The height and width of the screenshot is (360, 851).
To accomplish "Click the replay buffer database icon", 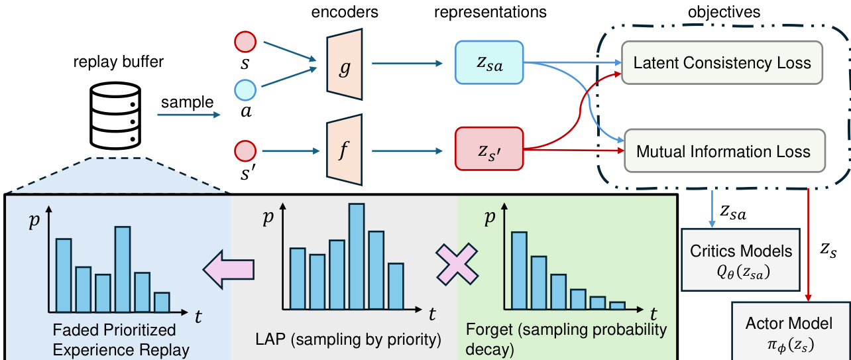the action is (x=115, y=115).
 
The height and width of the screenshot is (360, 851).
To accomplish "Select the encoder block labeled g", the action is (x=345, y=64).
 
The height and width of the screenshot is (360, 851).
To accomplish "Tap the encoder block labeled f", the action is (x=345, y=150).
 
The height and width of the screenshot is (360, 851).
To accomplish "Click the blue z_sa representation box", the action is (x=489, y=62).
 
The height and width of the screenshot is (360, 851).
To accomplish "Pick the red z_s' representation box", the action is (x=489, y=149).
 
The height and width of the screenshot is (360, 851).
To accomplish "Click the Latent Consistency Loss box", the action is (x=722, y=62).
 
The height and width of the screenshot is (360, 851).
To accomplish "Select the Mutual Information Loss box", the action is (x=724, y=150).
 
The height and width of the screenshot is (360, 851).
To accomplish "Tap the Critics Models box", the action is (x=741, y=260).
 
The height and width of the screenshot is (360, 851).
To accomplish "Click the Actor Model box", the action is (x=791, y=331).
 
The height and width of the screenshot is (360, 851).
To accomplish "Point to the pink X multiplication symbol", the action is (x=457, y=265).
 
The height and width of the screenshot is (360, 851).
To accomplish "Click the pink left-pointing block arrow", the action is (x=229, y=270).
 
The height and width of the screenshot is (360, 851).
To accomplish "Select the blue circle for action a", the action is (x=245, y=90).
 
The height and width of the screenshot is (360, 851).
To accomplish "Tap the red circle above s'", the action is (x=245, y=151).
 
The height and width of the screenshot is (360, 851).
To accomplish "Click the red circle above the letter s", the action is (x=245, y=42).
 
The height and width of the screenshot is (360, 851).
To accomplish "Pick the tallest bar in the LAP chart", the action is (x=357, y=257).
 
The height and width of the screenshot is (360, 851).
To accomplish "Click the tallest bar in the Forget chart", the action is (x=519, y=270).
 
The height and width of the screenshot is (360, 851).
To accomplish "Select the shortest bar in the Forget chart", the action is (x=617, y=306).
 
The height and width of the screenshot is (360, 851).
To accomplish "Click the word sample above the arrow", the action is (x=188, y=102).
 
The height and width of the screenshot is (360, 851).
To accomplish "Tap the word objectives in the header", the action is (x=724, y=12).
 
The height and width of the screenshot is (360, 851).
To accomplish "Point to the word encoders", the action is (x=345, y=12).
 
